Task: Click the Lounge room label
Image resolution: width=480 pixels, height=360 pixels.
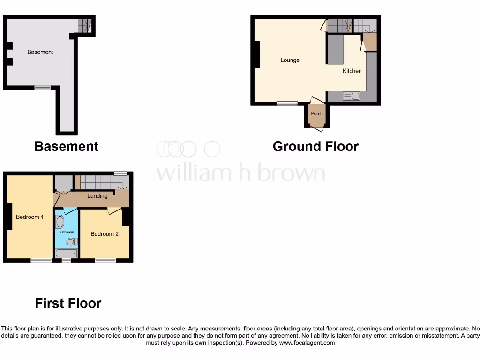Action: (x=290, y=60)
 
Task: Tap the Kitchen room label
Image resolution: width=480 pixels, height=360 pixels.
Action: (x=352, y=71)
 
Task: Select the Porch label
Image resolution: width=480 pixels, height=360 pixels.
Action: (x=317, y=113)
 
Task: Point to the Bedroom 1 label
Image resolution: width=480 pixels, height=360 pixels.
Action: (x=30, y=217)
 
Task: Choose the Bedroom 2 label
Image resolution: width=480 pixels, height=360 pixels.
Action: (x=105, y=234)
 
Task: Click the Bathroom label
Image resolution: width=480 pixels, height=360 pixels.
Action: (x=67, y=232)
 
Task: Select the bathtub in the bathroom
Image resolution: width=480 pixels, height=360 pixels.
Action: (x=66, y=254)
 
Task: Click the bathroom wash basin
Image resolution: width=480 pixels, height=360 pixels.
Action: (x=60, y=222)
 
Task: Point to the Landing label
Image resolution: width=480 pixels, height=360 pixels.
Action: (x=97, y=196)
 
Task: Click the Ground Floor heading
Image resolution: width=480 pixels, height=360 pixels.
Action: (x=315, y=146)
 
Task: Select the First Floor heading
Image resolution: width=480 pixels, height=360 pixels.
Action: (x=68, y=303)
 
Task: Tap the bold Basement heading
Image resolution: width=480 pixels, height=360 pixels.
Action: (x=66, y=146)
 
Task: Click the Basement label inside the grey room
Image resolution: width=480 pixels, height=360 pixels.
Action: (x=40, y=52)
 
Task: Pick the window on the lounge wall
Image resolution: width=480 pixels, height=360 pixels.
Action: (x=286, y=104)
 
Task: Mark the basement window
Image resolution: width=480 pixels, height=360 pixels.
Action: (x=43, y=87)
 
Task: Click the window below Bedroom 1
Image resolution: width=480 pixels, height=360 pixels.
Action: (x=41, y=260)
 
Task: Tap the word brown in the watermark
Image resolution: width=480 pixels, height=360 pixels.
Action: (x=286, y=173)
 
